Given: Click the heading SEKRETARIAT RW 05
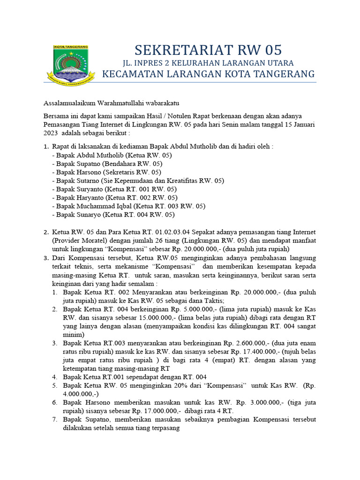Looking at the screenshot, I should pyautogui.click(x=209, y=50).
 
